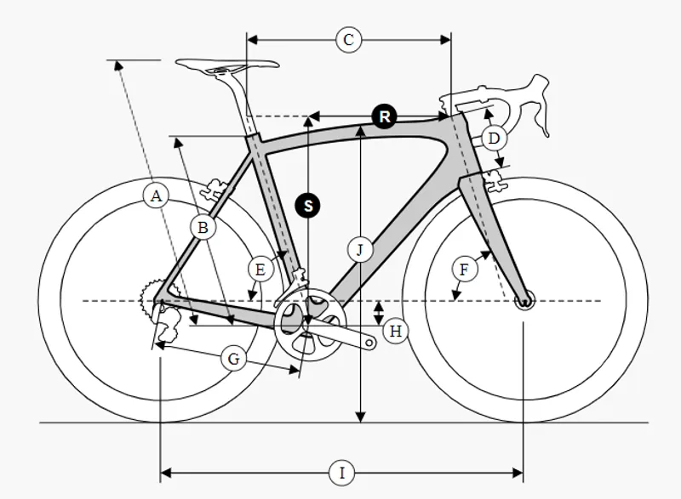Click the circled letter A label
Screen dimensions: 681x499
click(156, 196)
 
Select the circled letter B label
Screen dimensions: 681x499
click(203, 227)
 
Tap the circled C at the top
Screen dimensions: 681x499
click(348, 40)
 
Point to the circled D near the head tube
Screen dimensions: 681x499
click(494, 139)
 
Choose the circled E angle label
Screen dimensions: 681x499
click(260, 269)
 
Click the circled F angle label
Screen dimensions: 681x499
click(464, 269)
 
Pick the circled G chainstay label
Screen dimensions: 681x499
click(233, 359)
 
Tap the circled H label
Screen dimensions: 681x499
click(396, 332)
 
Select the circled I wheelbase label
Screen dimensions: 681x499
click(342, 473)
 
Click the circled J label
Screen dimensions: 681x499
click(360, 250)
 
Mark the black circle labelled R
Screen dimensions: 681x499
click(385, 116)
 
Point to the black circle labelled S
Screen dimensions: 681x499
click(307, 206)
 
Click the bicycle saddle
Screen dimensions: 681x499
click(227, 66)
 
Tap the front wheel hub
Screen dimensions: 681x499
click(524, 301)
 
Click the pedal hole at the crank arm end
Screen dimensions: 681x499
click(369, 343)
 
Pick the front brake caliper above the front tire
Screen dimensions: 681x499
click(495, 180)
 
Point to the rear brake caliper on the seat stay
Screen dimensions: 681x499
click(215, 190)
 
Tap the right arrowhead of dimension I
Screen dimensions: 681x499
click(518, 473)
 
